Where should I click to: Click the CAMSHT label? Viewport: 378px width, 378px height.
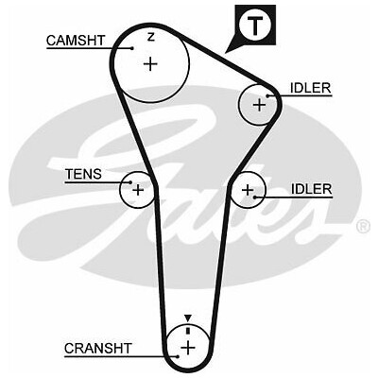pos(76,41)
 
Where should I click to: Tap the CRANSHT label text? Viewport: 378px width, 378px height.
pos(98,349)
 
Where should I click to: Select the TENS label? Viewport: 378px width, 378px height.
pos(83,174)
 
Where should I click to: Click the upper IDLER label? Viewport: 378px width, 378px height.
pos(311,88)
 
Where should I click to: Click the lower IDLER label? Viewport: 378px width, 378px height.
pos(311,189)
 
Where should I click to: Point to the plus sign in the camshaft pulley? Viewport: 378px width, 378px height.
pos(150,64)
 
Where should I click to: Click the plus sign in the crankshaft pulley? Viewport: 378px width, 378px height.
pos(188,348)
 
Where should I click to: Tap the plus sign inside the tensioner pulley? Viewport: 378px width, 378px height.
pos(138,190)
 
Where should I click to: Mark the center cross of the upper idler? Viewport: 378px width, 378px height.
pos(260,105)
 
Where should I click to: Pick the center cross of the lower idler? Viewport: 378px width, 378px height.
pos(248,190)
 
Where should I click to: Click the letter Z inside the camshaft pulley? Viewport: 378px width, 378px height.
pos(151,38)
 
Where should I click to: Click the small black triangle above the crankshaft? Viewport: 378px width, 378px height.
pos(188,318)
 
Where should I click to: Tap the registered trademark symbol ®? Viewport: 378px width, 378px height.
pos(364,226)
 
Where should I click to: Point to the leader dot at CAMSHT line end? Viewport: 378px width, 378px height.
pos(132,48)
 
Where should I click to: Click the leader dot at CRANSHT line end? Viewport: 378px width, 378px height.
pos(178,356)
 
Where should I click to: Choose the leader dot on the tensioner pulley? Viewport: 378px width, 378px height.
pos(130,182)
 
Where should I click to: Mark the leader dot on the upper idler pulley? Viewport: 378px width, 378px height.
pos(267,95)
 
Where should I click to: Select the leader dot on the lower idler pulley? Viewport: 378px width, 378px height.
pos(254,198)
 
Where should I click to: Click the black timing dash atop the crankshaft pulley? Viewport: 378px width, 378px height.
pos(188,331)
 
